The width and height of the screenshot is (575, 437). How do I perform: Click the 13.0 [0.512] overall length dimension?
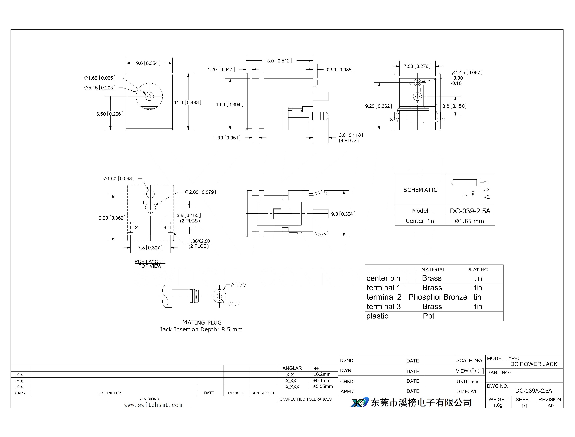point(278,61)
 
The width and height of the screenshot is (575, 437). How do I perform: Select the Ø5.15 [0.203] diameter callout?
point(100,88)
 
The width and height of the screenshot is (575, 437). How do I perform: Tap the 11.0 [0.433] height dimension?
point(188,102)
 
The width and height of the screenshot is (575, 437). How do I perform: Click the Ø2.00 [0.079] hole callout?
point(201,192)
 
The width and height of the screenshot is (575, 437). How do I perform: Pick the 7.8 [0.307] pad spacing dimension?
point(150,248)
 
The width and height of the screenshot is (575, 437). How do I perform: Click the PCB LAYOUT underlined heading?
point(150,261)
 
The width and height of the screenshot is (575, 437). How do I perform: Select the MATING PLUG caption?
point(202,322)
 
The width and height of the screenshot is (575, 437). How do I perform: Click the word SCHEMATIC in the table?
point(420,190)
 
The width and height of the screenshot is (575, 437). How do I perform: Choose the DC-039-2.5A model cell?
point(470,211)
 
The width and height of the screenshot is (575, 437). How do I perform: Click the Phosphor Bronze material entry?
point(438,297)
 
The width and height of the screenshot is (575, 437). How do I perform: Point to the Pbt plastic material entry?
point(429,316)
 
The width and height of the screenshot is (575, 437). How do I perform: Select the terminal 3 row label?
point(384,307)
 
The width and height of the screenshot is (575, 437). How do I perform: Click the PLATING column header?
point(477,270)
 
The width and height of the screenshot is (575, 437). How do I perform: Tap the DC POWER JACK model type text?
point(534,364)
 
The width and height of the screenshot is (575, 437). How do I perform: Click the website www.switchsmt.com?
point(153,405)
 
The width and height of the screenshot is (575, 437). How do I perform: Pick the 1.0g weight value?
point(498,405)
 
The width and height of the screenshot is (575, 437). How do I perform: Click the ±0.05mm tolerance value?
point(323,387)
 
